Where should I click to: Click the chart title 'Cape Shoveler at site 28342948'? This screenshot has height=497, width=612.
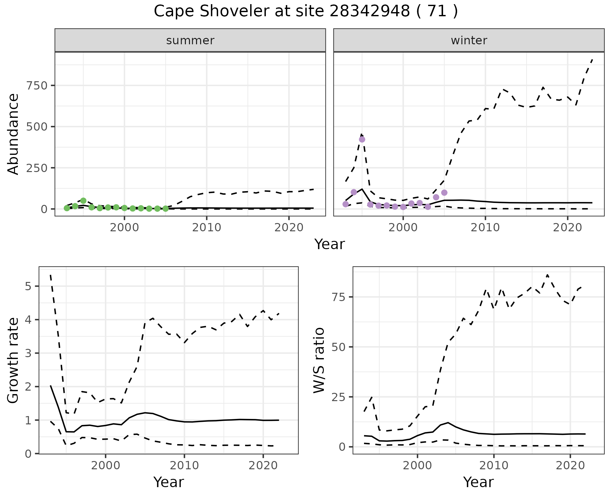tap(305, 11)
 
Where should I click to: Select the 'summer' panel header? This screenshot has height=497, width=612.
tap(190, 40)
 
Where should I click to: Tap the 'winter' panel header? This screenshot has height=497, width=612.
tap(469, 40)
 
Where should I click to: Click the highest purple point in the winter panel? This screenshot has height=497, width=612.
tap(362, 140)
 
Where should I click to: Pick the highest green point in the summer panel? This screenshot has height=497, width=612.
tap(83, 201)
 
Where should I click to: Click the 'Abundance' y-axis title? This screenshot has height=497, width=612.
tap(13, 134)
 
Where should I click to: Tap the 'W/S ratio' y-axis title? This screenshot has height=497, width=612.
tap(319, 360)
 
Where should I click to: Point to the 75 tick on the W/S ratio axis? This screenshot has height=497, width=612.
tap(339, 297)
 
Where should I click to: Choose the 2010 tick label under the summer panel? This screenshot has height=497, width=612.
tap(207, 228)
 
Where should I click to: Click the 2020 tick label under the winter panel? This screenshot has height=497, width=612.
tap(567, 228)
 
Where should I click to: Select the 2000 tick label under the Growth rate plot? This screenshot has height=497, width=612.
tap(106, 465)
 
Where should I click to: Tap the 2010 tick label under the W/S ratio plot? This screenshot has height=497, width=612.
tap(493, 465)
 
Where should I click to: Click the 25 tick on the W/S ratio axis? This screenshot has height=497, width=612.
tap(339, 397)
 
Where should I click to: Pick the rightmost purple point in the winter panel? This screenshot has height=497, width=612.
tap(444, 193)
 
